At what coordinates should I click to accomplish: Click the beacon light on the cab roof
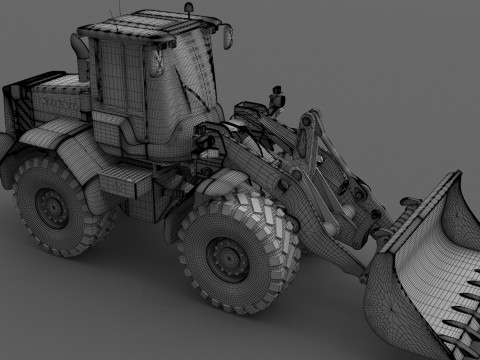(188, 9)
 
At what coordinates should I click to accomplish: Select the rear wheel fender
(75, 150)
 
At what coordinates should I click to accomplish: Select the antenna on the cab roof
(118, 12)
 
